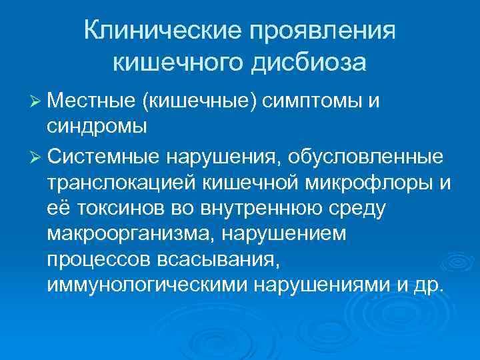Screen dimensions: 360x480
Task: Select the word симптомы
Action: point(313,101)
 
